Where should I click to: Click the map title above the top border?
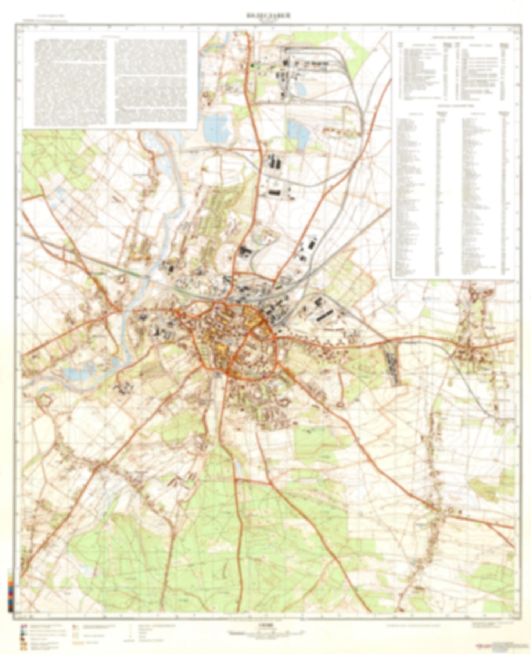268,15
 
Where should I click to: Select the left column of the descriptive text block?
71,82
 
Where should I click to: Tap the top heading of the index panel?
453,37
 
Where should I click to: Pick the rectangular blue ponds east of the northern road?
298,133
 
